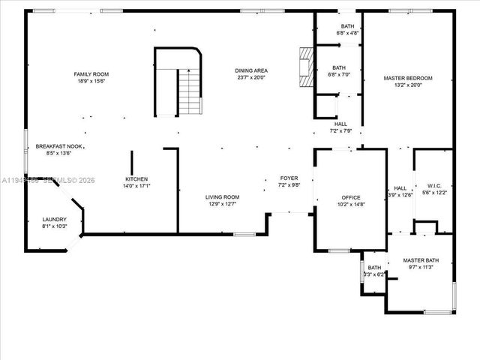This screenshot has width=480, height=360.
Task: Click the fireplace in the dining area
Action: [304, 68]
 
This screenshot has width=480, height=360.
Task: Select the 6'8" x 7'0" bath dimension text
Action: [339, 75]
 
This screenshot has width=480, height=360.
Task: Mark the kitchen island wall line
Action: [132, 163]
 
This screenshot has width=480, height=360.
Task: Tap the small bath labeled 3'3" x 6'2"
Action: [373, 271]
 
